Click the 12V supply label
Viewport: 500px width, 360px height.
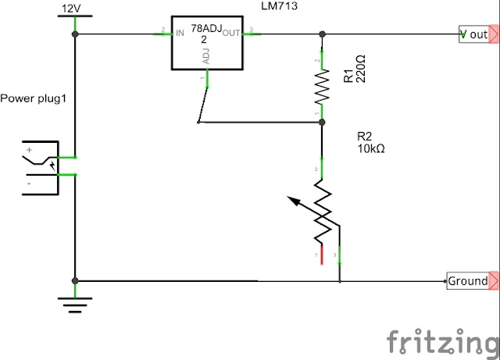(x=71, y=9)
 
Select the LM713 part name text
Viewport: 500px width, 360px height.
(x=279, y=5)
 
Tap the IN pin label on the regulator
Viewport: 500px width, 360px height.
(x=180, y=33)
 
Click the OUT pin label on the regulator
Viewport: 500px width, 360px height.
(x=231, y=33)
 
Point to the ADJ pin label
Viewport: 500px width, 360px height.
(x=206, y=56)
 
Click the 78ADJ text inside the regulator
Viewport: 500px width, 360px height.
(x=206, y=28)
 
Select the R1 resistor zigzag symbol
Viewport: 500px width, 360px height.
(x=322, y=86)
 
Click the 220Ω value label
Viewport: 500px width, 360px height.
(x=360, y=69)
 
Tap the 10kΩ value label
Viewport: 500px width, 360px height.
(x=371, y=148)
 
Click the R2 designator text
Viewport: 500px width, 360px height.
(x=365, y=137)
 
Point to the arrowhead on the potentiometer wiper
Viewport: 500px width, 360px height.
(x=294, y=201)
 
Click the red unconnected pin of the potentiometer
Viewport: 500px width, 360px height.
(x=322, y=255)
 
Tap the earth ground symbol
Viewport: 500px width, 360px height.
(x=75, y=305)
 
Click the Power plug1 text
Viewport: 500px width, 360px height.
(x=33, y=98)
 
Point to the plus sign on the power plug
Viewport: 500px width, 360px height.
(x=30, y=150)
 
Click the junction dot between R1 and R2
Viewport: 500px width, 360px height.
(x=322, y=122)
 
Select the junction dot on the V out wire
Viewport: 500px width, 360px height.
(x=323, y=34)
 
